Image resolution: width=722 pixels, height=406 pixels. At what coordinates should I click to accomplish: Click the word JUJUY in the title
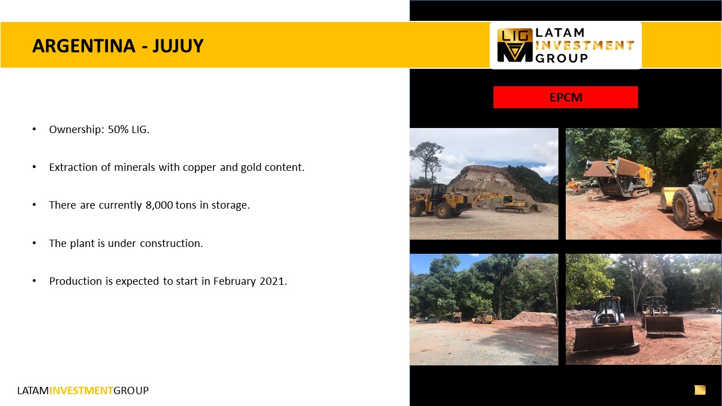pyautogui.click(x=178, y=46)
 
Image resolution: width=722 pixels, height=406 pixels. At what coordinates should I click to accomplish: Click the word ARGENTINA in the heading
pyautogui.click(x=84, y=46)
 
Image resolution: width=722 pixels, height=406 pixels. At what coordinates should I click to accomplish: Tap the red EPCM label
pyautogui.click(x=565, y=98)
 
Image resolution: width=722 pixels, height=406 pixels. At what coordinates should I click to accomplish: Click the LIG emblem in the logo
pyautogui.click(x=515, y=45)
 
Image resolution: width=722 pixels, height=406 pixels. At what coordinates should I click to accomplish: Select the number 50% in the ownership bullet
pyautogui.click(x=118, y=130)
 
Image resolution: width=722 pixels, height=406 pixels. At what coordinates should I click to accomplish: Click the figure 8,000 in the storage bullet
pyautogui.click(x=159, y=205)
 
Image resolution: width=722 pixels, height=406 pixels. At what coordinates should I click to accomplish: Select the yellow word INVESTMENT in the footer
pyautogui.click(x=81, y=391)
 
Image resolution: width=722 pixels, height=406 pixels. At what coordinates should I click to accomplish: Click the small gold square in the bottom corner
pyautogui.click(x=700, y=390)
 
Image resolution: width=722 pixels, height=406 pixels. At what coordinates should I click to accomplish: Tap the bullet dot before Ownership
pyautogui.click(x=34, y=130)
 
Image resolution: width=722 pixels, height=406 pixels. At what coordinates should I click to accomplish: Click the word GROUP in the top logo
pyautogui.click(x=561, y=58)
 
